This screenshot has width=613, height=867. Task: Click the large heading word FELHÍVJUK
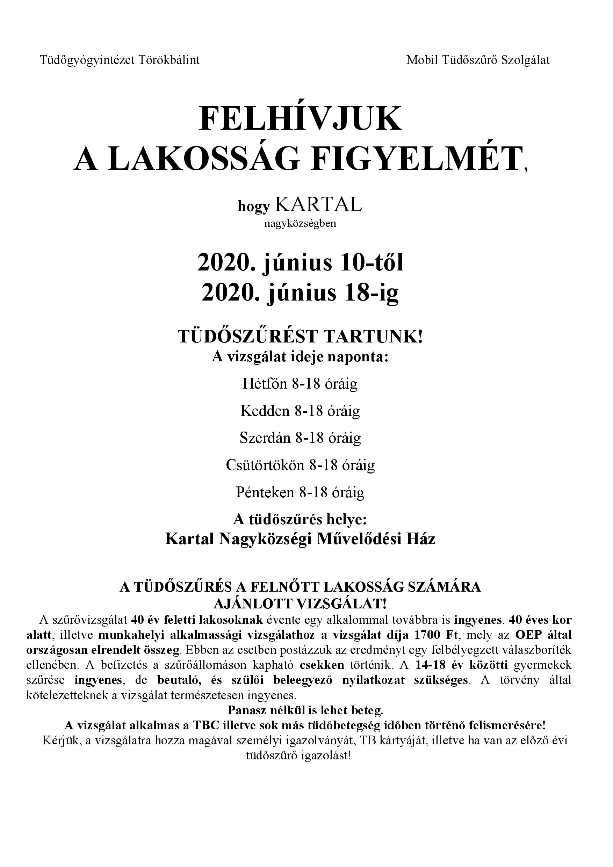pyautogui.click(x=301, y=119)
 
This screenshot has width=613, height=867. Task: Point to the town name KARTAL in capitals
pyautogui.click(x=318, y=205)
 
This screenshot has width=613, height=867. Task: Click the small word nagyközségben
pyautogui.click(x=300, y=224)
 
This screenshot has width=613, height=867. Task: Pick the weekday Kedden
pyautogui.click(x=265, y=411)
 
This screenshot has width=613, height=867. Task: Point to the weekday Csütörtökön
pyautogui.click(x=265, y=465)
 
